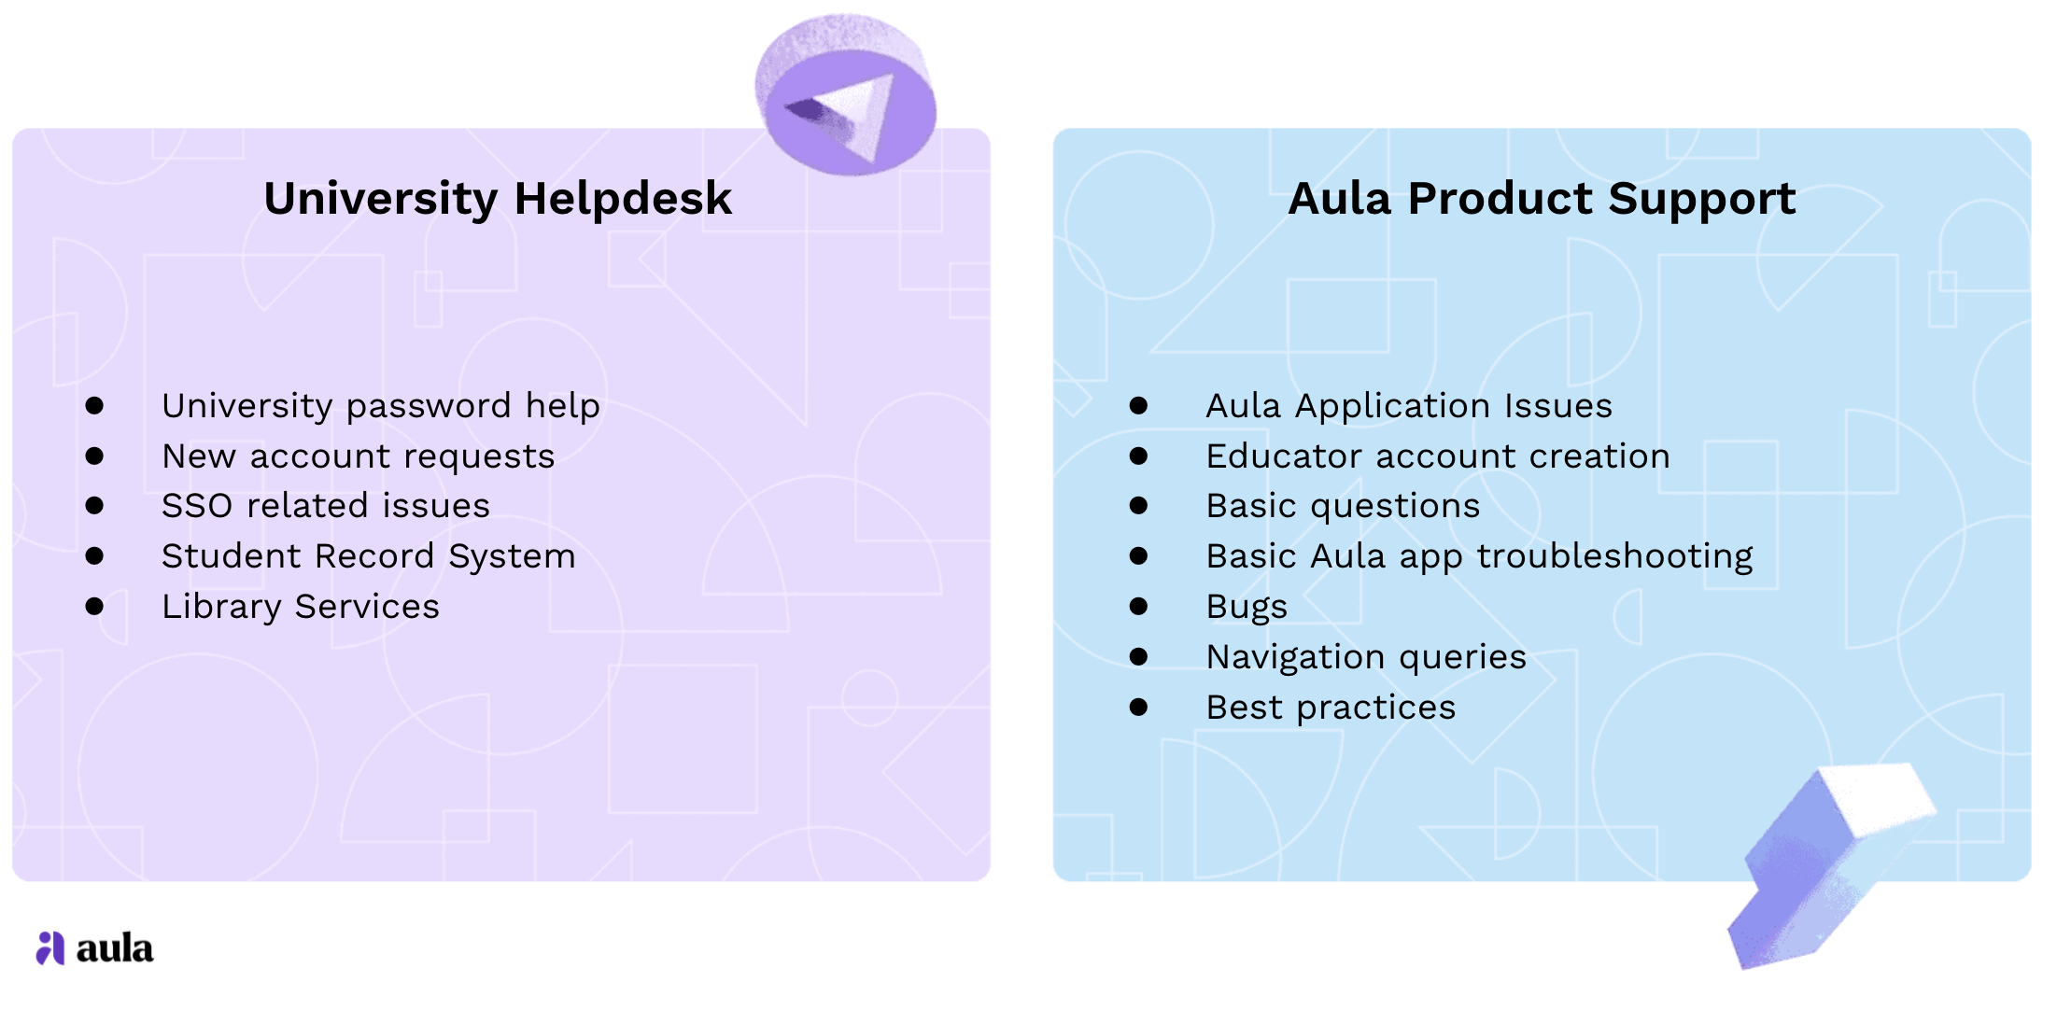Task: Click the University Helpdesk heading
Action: click(498, 199)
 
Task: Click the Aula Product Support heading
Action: click(1542, 199)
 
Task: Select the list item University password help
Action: click(381, 406)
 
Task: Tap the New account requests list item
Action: click(359, 456)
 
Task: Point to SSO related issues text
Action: click(326, 506)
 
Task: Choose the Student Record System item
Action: click(369, 556)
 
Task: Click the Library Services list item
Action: click(301, 607)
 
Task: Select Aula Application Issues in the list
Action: click(1409, 406)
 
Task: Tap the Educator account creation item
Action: click(1438, 456)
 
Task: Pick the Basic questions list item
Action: click(1343, 506)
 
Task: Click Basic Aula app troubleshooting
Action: click(1480, 556)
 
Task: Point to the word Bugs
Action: click(1247, 607)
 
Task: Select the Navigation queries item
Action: click(1366, 657)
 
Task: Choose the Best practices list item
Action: click(1331, 708)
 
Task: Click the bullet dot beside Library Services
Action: click(94, 607)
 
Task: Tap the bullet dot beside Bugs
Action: click(1138, 607)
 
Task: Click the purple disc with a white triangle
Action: click(846, 95)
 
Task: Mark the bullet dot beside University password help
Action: click(94, 406)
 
